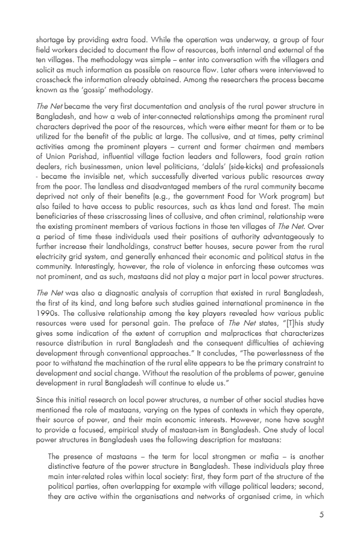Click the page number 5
(x=321, y=515)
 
